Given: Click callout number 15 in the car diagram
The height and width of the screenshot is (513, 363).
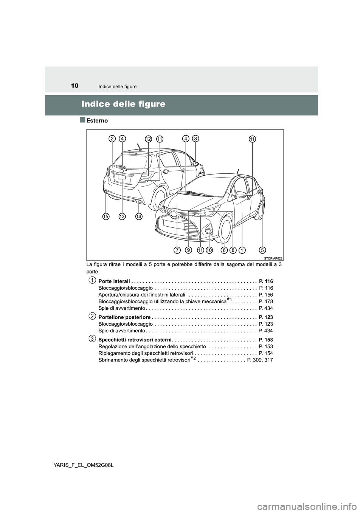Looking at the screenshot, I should point(106,216).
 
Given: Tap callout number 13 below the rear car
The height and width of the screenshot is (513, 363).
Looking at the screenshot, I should point(122,216).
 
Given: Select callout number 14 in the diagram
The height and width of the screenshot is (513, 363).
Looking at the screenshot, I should point(139,216).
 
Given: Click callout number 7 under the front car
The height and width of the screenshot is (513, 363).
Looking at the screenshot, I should point(177,250).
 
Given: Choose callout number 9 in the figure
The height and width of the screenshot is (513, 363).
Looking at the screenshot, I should point(188,250).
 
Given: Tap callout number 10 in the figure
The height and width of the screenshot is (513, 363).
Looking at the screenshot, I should point(210,250).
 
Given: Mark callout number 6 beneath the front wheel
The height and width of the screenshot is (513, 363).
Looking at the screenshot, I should point(224,250).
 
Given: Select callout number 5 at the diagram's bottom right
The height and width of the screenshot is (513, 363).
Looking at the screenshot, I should point(263,250).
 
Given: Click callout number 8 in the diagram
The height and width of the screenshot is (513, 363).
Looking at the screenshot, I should point(233,250).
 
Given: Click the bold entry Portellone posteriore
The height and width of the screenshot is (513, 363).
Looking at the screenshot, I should point(124,317).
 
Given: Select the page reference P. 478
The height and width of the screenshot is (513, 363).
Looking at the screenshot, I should point(266,301).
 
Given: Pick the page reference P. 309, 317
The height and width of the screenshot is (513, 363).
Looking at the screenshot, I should point(260,360).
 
